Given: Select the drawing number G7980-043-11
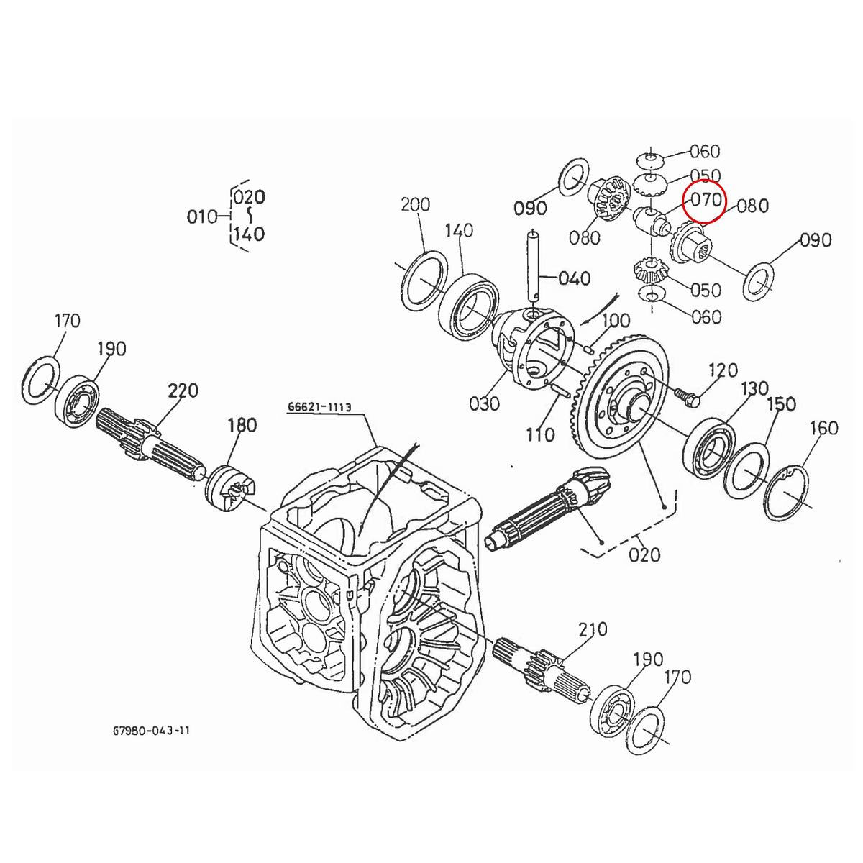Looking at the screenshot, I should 152,730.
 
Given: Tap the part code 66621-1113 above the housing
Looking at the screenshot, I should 319,407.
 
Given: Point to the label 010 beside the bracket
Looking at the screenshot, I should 202,216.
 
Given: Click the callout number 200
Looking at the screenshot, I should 416,204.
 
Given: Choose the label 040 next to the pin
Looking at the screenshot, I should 573,278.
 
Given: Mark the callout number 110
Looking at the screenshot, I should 540,434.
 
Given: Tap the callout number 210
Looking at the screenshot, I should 593,630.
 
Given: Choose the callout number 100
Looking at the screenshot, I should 615,321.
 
